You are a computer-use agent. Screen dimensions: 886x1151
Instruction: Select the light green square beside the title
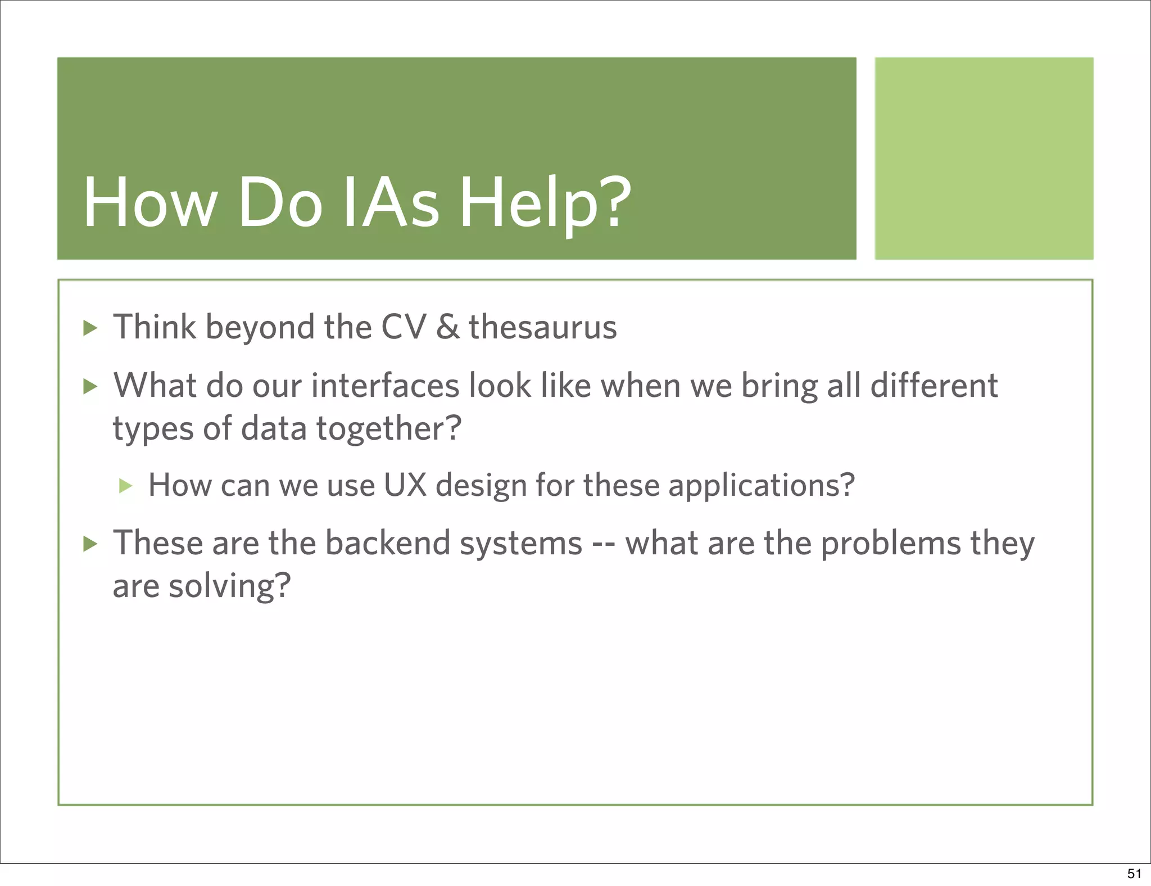click(x=984, y=158)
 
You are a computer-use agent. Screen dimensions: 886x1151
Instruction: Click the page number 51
click(x=1134, y=873)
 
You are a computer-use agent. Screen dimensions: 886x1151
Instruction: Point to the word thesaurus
click(x=543, y=327)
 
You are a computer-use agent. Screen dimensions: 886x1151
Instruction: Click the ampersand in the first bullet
click(x=447, y=327)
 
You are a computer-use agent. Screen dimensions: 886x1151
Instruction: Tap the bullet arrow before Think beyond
click(x=90, y=328)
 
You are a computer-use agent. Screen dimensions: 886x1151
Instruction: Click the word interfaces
click(x=386, y=386)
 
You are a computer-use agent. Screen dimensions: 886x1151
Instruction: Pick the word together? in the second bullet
click(x=389, y=430)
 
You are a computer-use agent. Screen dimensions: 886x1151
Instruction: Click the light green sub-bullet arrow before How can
click(x=126, y=486)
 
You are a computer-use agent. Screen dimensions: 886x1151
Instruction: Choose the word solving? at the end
click(x=230, y=587)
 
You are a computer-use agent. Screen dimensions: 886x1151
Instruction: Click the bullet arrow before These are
click(x=90, y=544)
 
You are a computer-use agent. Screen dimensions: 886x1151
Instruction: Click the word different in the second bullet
click(x=934, y=386)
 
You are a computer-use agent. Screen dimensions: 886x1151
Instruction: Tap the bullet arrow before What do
click(x=90, y=386)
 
